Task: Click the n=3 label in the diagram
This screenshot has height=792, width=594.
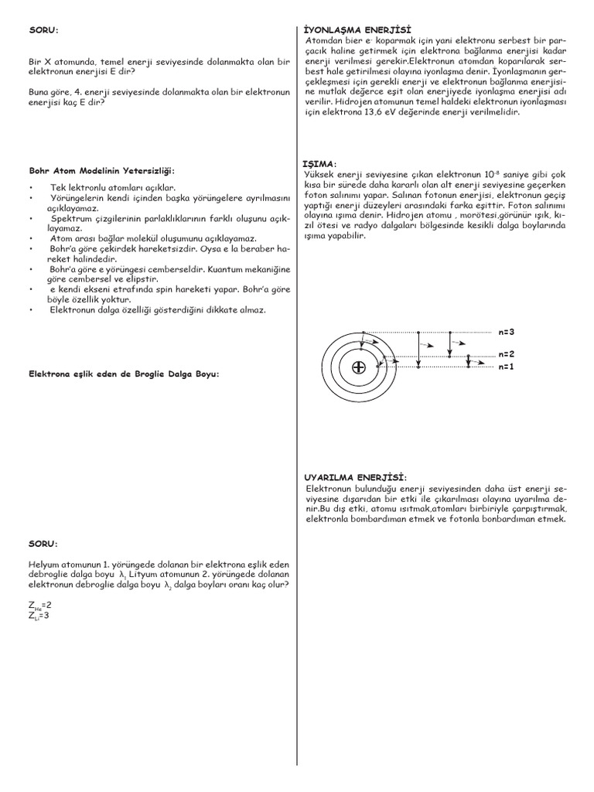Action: click(507, 332)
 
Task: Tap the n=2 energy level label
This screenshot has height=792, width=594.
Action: click(507, 355)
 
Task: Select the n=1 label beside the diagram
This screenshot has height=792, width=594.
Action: click(507, 367)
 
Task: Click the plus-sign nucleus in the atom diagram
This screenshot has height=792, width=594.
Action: click(358, 367)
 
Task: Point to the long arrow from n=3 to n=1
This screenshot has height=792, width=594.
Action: click(418, 349)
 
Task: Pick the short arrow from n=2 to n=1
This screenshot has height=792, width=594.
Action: click(469, 361)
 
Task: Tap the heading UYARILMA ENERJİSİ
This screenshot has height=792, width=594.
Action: click(355, 477)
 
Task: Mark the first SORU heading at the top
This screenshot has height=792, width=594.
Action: click(43, 30)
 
